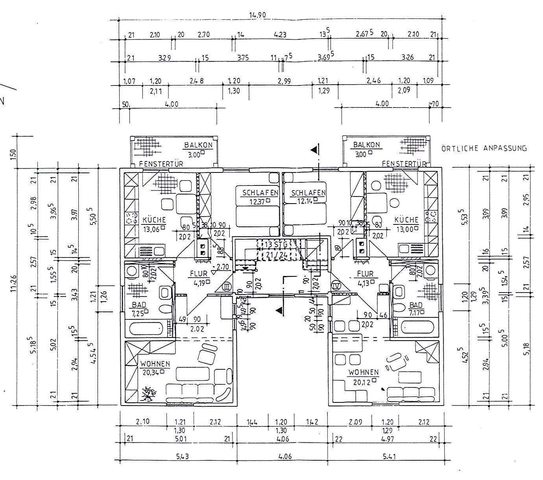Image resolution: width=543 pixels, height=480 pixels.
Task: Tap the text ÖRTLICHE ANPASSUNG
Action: tap(484, 148)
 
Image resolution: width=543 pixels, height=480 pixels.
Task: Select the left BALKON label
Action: tap(198, 145)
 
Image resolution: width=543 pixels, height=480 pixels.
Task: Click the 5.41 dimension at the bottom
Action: tap(389, 457)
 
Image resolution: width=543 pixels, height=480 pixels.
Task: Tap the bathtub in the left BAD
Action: tap(144, 328)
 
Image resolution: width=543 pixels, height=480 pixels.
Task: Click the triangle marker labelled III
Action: tap(227, 287)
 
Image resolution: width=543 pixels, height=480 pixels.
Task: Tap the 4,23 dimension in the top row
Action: tap(280, 35)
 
